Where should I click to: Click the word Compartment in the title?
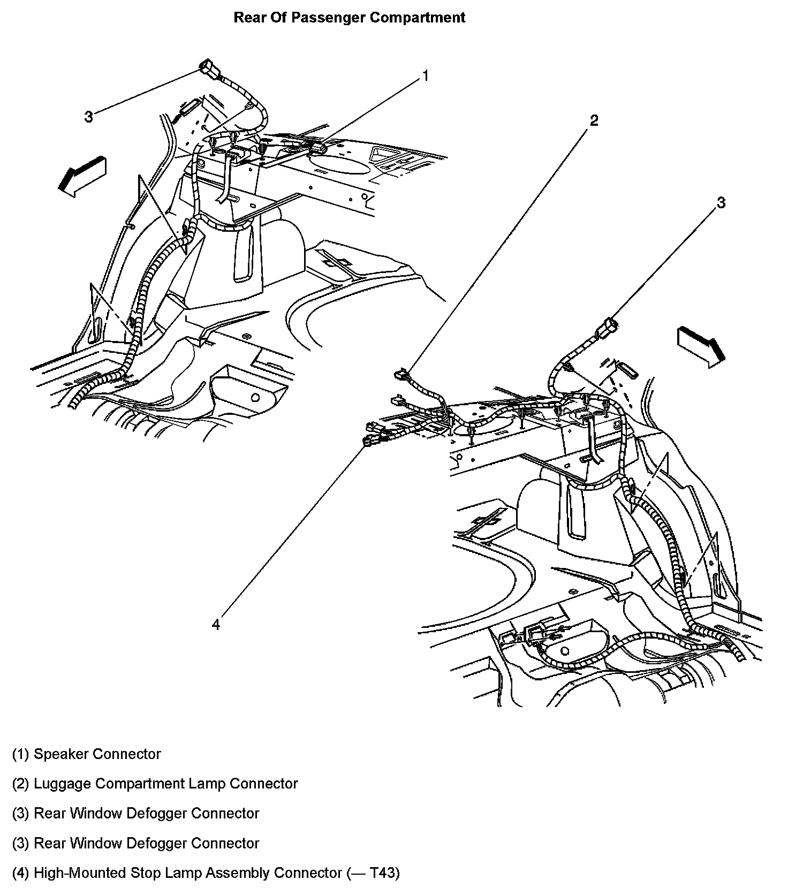coord(419,18)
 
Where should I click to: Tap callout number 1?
coord(425,77)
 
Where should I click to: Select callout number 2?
coord(594,120)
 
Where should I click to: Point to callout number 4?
coord(216,624)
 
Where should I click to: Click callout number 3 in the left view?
coord(89,116)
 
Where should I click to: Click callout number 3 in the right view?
coord(721,203)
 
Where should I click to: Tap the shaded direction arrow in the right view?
coord(701,347)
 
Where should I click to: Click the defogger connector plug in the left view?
coord(208,69)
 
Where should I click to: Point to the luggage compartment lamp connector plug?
coord(401,375)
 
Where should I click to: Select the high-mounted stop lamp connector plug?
coord(371,441)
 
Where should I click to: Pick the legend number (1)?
coord(20,755)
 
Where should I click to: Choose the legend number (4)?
coord(20,874)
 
